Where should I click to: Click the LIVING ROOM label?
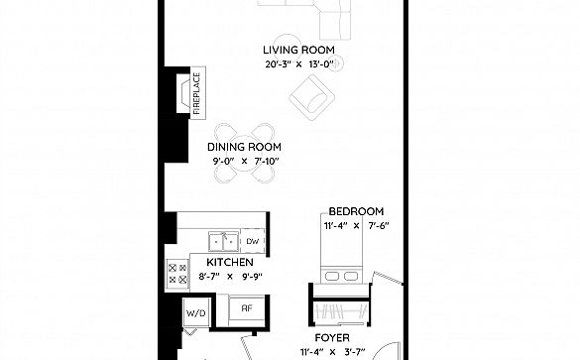(x=298, y=50)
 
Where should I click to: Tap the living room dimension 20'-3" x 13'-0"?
(x=298, y=64)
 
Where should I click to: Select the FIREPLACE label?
(x=196, y=93)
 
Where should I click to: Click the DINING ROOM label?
(x=244, y=147)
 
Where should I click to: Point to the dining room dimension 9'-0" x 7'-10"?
(x=245, y=162)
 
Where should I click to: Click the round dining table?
(x=245, y=154)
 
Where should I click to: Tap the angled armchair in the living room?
(x=312, y=97)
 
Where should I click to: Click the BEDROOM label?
(x=356, y=211)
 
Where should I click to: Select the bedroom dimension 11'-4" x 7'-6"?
(x=356, y=225)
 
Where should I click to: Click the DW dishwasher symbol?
(x=253, y=241)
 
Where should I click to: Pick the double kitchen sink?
(x=223, y=241)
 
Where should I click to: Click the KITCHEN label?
(x=230, y=262)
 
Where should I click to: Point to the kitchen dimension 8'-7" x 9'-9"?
(x=230, y=276)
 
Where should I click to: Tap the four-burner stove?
(x=177, y=274)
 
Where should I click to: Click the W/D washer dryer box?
(x=196, y=313)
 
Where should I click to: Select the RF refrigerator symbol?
(x=247, y=308)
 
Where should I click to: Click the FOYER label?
(x=332, y=338)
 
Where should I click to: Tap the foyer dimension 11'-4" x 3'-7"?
(x=332, y=352)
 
